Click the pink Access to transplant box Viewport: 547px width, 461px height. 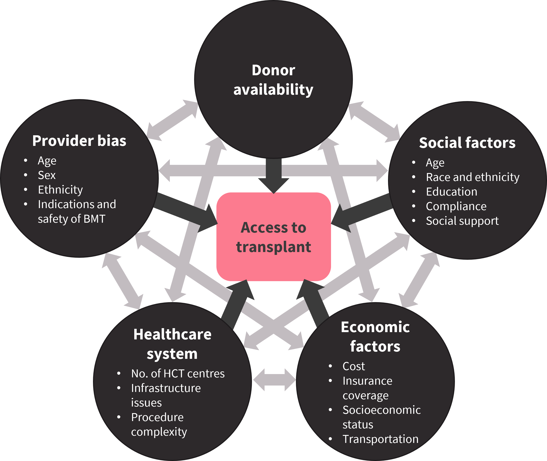pos(273,237)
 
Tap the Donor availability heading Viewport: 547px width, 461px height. pos(273,80)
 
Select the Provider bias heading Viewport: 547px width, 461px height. pos(79,141)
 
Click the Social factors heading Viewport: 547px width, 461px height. pos(467,143)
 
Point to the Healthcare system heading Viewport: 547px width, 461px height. pos(172,344)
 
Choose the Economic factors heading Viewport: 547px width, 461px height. pos(375,337)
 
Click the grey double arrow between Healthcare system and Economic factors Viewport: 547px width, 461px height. pos(274,380)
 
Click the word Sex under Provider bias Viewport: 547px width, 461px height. pos(47,175)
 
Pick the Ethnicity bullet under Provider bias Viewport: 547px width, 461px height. pos(61,190)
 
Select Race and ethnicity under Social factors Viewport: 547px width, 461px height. pos(473,177)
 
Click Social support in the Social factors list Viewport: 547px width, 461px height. pos(462,221)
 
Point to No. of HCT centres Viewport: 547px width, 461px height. pos(178,374)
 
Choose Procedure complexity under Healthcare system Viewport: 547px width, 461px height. pos(159,425)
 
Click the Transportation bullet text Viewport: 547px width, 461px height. pos(380,439)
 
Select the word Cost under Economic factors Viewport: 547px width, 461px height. pos(354,366)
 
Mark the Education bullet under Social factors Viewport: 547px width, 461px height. pos(452,192)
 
